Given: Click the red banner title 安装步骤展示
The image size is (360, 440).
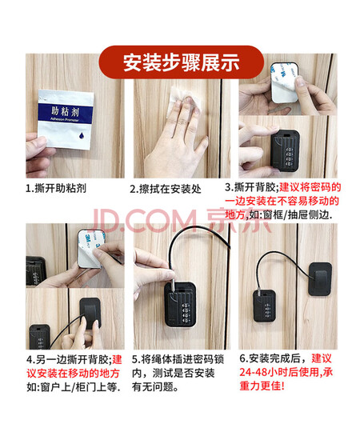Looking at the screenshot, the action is [x=182, y=62].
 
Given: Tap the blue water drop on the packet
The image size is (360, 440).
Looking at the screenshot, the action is [x=82, y=136].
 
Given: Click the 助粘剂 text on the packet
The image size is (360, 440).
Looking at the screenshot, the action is [x=65, y=112].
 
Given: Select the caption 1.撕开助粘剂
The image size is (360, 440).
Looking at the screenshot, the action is [x=56, y=188].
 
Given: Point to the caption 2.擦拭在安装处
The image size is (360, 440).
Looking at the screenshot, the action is [x=166, y=189].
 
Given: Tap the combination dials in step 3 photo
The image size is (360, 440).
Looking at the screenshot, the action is [x=290, y=154].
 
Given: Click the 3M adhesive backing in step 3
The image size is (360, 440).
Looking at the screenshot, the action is [x=284, y=82].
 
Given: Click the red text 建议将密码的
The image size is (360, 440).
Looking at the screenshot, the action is [x=310, y=187].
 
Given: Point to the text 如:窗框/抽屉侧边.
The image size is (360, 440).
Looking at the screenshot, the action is [x=290, y=215].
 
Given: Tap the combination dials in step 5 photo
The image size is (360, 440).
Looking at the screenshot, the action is [x=186, y=313].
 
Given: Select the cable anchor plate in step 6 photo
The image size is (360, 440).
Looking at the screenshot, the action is [x=320, y=279].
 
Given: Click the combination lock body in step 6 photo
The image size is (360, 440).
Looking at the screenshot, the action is [x=264, y=306].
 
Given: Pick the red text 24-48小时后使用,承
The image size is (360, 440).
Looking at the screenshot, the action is [x=286, y=372].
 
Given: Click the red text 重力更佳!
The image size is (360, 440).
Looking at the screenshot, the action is [x=262, y=386].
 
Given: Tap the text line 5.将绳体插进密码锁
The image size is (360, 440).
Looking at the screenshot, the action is [x=178, y=359].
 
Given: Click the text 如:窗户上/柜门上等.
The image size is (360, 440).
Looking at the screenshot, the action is [x=74, y=387].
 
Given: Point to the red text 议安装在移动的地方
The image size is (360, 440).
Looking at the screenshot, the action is [x=74, y=374].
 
